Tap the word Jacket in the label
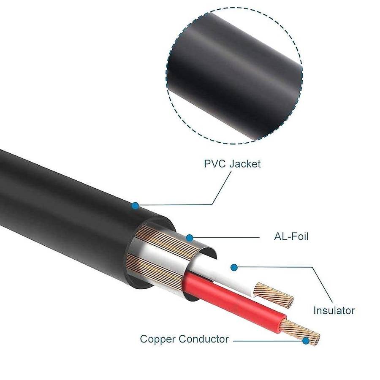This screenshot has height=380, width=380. tap(245, 164)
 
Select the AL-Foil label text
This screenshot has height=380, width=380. tap(291, 236)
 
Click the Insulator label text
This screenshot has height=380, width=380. tap(334, 310)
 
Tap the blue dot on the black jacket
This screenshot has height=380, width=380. tap(135, 206)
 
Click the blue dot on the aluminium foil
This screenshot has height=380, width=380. tap(190, 238)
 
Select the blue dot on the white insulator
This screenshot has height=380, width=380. tap(234, 268)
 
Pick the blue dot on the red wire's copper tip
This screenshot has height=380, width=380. tap(306, 341)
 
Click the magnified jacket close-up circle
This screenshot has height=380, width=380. tap(234, 76)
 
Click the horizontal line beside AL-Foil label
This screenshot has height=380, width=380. tap(226, 237)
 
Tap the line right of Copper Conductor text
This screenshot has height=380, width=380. tap(268, 341)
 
